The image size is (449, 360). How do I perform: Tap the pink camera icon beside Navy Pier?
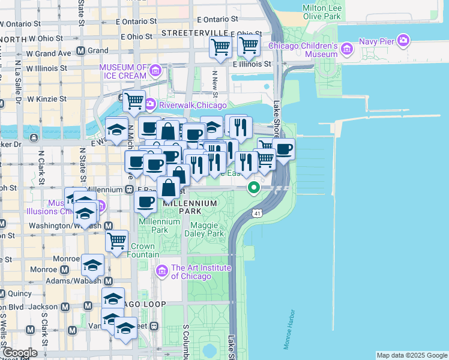click(x=403, y=41)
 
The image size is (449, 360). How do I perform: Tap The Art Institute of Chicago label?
click(x=191, y=272)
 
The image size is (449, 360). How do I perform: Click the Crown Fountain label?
click(x=143, y=251)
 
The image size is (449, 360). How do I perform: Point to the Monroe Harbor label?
click(x=289, y=329)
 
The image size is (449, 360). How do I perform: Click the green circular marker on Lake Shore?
click(x=254, y=188)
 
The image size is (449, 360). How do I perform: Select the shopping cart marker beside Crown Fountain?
click(x=116, y=241)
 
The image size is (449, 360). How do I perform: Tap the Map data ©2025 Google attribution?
click(x=412, y=355)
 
